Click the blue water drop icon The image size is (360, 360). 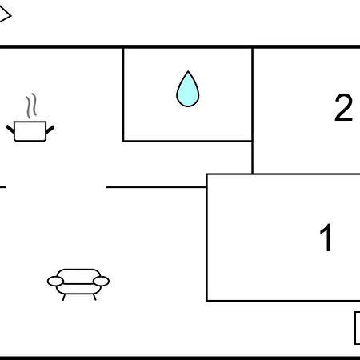tap(188, 90)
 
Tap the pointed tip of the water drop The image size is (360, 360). tap(188, 71)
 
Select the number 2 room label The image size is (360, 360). tap(344, 108)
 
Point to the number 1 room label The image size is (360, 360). tap(326, 238)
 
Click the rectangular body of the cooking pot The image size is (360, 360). tap(30, 131)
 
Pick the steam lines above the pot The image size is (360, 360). tap(31, 106)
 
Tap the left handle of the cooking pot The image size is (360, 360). tap(10, 129)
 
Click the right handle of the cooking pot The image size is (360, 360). tap(50, 130)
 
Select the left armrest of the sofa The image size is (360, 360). tap(55, 282)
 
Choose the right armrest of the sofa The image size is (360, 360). tap(102, 282)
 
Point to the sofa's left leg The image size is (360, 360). tap(64, 297)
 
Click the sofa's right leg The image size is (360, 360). tap(94, 297)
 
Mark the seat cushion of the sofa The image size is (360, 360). tap(78, 289)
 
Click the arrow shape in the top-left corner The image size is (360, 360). tap(6, 15)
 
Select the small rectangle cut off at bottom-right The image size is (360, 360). tap(358, 328)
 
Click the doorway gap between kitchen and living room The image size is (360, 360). tap(56, 187)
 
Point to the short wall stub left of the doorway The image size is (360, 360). tap(3, 187)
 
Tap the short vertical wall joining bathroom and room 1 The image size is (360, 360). tap(252, 158)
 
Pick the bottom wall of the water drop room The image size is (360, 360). tap(187, 141)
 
